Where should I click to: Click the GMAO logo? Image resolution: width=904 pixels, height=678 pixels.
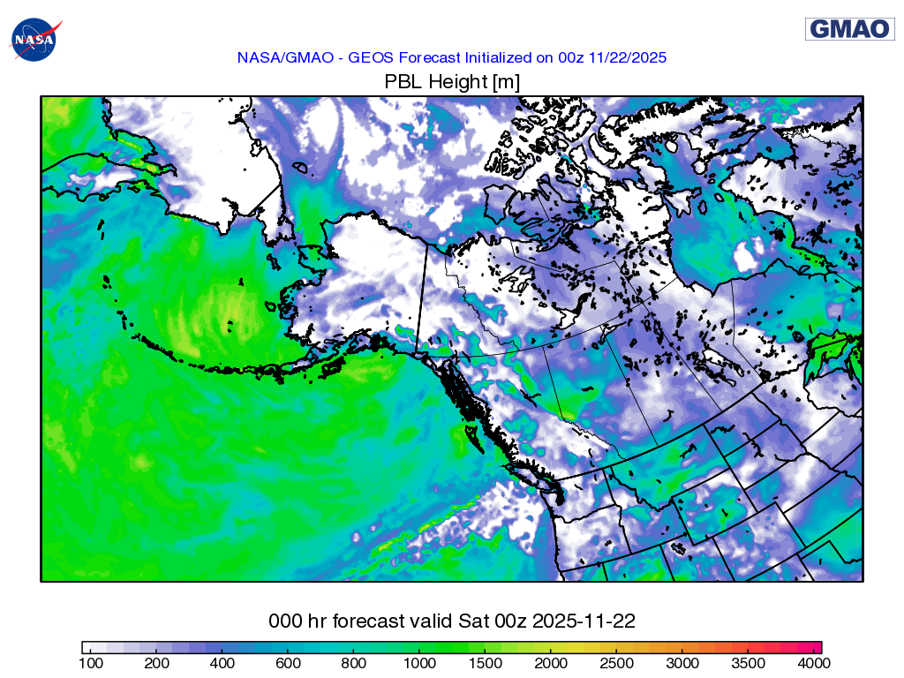849,29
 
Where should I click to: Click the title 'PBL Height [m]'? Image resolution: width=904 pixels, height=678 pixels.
451,82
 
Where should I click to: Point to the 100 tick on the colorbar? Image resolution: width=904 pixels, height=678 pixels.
91,662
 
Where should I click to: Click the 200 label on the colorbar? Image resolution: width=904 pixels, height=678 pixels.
156,662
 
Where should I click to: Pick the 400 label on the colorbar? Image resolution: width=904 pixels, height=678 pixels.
222,662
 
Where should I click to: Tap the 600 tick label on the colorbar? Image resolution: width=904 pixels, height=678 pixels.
288,662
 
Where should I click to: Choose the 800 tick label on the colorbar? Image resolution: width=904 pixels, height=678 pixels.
353,662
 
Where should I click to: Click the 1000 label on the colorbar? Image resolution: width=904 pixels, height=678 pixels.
419,662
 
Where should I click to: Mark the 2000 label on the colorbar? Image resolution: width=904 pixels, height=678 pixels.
551,662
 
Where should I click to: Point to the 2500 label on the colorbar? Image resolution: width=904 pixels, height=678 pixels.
616,662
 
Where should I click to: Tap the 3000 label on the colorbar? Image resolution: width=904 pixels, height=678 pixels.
682,662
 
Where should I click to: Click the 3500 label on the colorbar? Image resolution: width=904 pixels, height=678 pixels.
748,662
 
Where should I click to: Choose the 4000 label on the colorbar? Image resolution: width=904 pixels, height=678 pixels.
813,662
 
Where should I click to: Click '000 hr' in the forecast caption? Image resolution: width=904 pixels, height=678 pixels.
295,621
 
